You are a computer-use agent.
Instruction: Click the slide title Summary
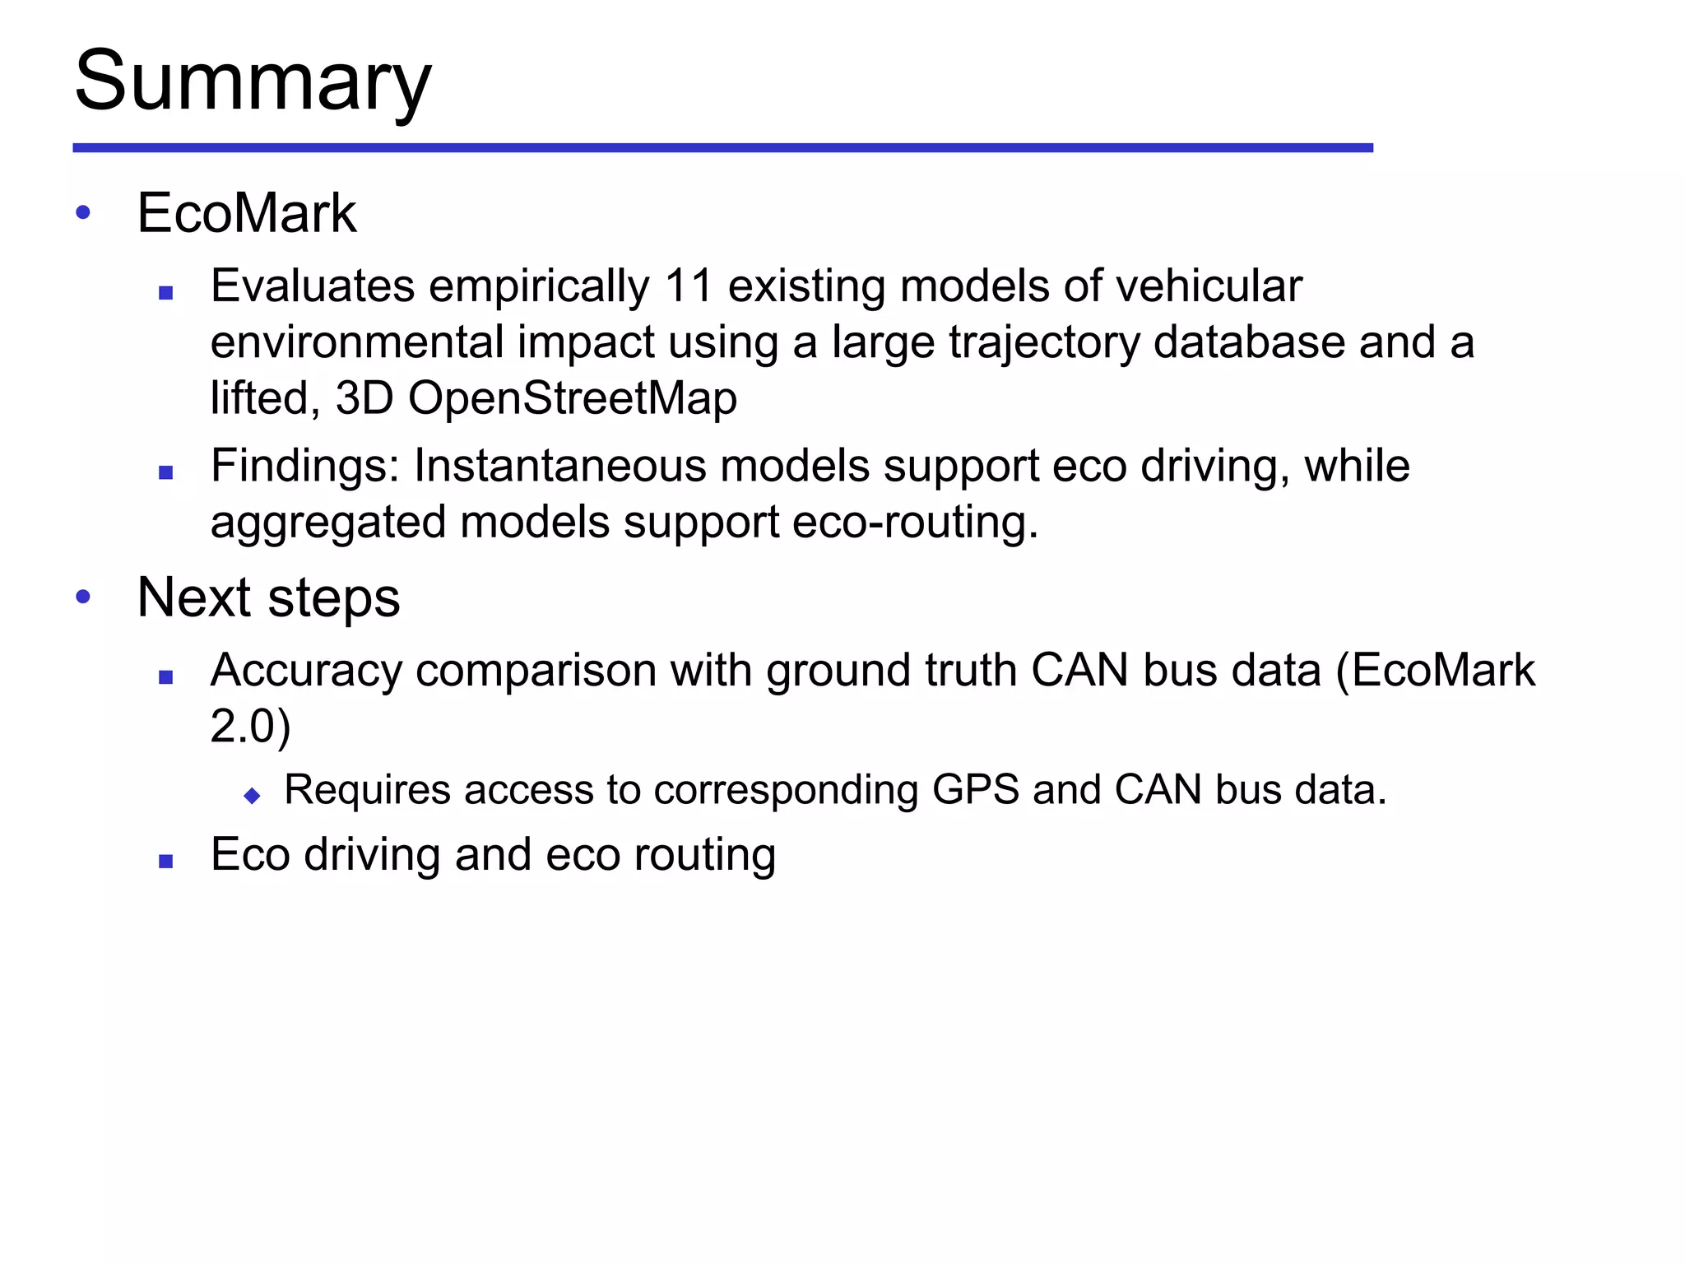click(253, 82)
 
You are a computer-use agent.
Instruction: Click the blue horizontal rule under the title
click(722, 148)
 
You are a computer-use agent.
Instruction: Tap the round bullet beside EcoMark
click(83, 213)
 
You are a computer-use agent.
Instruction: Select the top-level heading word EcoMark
click(247, 214)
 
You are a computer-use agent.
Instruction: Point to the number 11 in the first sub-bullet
click(689, 286)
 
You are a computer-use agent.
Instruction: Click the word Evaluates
click(313, 286)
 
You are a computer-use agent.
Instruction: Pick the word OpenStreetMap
click(573, 398)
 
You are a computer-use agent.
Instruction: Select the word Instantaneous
click(559, 467)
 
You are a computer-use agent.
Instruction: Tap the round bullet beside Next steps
click(83, 597)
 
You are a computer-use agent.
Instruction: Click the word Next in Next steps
click(194, 597)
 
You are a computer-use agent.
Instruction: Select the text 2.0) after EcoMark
click(250, 727)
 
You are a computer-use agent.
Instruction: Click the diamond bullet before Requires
click(253, 796)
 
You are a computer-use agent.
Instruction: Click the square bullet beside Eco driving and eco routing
click(166, 862)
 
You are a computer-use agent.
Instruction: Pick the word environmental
click(356, 342)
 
